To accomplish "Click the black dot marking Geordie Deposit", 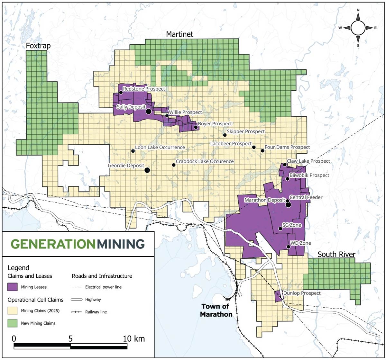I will point(147,170).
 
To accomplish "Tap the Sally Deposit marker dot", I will point(149,111).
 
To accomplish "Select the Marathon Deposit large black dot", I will point(288,205).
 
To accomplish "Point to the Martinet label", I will point(179,34).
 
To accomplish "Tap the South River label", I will point(336,255).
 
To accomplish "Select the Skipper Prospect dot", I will point(225,135).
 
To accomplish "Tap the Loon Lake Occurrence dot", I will point(133,151).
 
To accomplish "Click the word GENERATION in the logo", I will point(53,244).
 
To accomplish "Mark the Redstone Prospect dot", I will point(121,92).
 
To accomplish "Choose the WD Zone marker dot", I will point(288,247).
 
